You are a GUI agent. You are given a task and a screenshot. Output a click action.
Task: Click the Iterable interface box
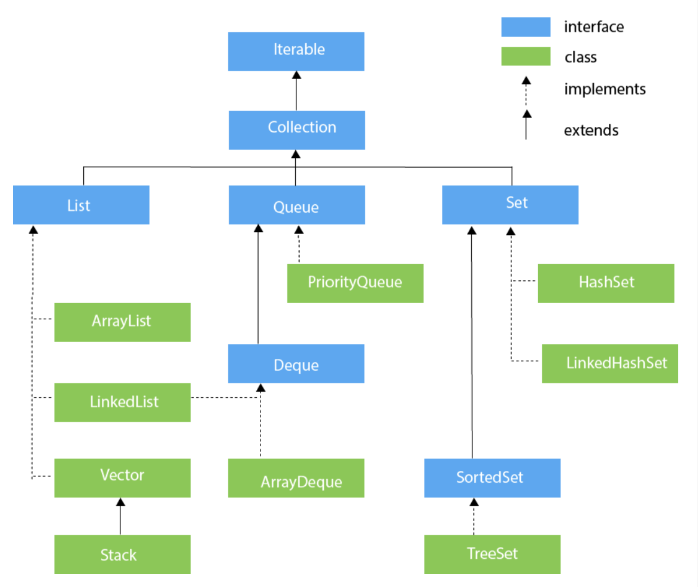click(296, 52)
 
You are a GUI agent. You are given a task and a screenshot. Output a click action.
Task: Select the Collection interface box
click(296, 130)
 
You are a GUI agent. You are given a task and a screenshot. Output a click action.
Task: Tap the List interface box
click(81, 205)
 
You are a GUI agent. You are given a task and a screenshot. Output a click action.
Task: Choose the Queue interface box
click(296, 205)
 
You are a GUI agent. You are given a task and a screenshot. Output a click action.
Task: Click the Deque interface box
click(296, 364)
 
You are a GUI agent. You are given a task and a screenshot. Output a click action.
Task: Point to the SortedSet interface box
click(492, 478)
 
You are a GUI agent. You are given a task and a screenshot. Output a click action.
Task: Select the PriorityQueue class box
click(355, 283)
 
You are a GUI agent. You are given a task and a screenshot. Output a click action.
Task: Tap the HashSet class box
click(606, 283)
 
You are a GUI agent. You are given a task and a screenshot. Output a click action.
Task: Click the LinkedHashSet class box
click(609, 364)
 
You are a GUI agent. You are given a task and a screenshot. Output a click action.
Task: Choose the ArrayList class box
click(122, 322)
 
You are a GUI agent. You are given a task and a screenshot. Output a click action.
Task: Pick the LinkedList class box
click(122, 403)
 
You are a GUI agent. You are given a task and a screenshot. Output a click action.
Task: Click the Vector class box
click(122, 478)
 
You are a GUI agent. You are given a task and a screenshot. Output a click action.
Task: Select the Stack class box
click(122, 555)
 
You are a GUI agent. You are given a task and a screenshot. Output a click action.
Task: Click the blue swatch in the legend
click(526, 27)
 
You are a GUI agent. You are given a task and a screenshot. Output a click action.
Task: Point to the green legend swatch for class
click(526, 56)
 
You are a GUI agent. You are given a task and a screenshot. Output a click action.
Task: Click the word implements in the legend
click(605, 90)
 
